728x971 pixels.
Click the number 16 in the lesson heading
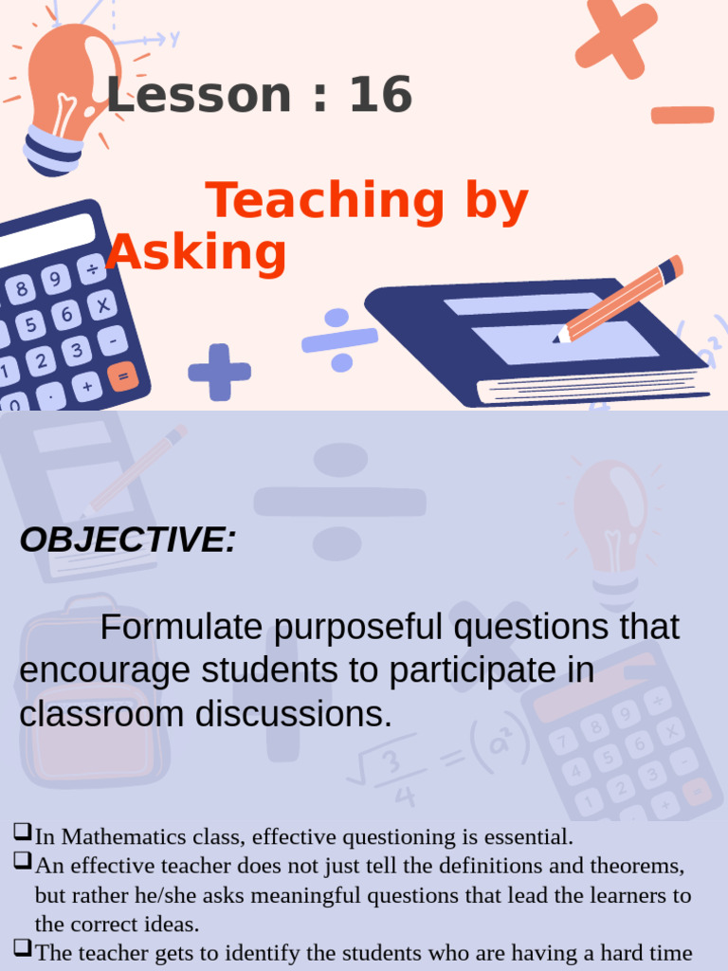pos(381,96)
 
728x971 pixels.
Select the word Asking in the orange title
pos(197,253)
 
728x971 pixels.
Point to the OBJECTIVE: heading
pos(128,540)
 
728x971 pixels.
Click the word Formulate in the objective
pos(179,627)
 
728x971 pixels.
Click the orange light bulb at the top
pos(68,90)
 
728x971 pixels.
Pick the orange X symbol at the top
pos(616,37)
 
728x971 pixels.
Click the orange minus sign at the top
pos(682,115)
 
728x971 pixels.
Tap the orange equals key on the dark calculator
pos(122,376)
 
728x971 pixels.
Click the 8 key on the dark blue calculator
pos(21,286)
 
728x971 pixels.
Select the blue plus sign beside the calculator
pos(219,372)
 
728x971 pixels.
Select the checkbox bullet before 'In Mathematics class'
pos(23,834)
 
